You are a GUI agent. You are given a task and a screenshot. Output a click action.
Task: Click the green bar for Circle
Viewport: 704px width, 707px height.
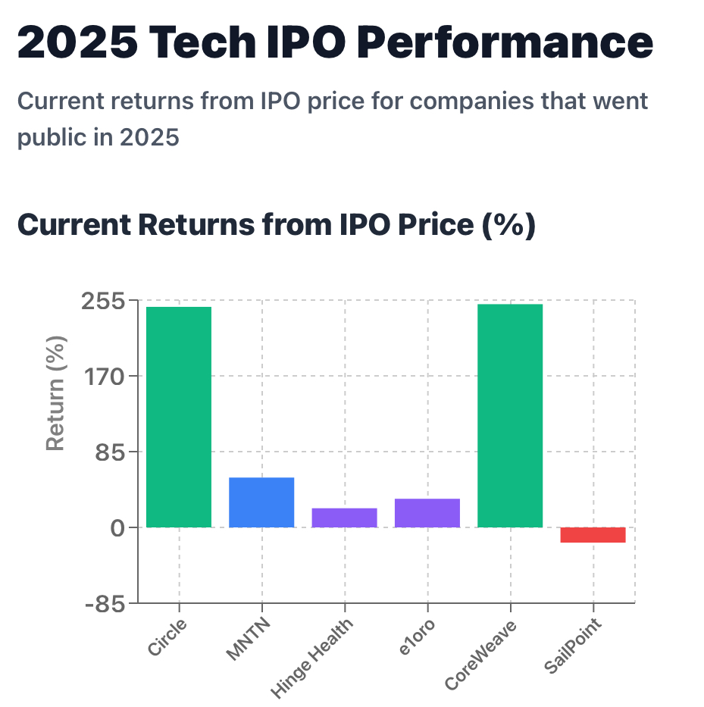click(x=179, y=417)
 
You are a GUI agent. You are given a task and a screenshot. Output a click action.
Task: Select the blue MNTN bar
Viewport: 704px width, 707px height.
click(x=261, y=502)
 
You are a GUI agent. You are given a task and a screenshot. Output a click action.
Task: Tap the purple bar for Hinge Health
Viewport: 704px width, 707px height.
click(x=345, y=518)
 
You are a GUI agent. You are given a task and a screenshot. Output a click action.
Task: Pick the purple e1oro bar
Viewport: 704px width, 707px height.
click(x=427, y=513)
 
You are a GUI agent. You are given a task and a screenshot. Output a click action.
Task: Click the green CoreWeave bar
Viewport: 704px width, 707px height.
click(x=510, y=415)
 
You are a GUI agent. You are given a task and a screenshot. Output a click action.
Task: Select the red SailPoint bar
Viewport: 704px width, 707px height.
click(x=593, y=535)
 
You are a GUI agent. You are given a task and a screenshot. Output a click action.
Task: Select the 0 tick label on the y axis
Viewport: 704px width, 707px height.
click(x=117, y=528)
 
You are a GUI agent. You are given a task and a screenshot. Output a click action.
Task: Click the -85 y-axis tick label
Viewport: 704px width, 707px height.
click(x=105, y=604)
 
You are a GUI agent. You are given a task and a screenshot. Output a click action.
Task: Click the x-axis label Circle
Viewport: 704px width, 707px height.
click(x=167, y=637)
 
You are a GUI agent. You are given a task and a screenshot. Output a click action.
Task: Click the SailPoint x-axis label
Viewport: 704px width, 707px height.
click(x=573, y=646)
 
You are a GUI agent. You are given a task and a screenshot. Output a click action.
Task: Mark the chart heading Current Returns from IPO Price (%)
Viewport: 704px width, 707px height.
click(x=276, y=226)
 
